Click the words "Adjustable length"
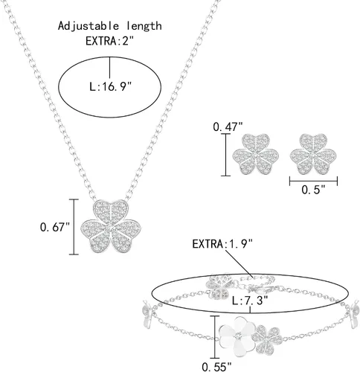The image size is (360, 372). tap(110, 27)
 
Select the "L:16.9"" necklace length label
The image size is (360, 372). tap(110, 87)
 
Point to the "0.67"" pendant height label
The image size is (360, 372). tap(55, 227)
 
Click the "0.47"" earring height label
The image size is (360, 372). tap(228, 127)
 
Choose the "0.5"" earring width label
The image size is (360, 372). tap(313, 190)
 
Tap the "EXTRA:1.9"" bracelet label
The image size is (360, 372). tap(222, 244)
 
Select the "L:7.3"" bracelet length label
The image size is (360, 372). tap(250, 301)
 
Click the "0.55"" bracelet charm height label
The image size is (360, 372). tap(216, 367)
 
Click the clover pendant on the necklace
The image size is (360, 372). tap(111, 226)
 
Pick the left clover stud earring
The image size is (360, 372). tap(255, 154)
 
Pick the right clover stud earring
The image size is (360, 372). tap(313, 154)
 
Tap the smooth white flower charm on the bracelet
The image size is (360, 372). tap(237, 336)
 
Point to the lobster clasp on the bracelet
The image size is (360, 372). tap(259, 289)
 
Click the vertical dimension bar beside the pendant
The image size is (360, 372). tap(74, 227)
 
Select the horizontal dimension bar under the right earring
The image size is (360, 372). tap(313, 181)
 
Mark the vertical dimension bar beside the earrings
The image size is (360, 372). tap(225, 155)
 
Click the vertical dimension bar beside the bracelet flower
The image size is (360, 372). tap(215, 337)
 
